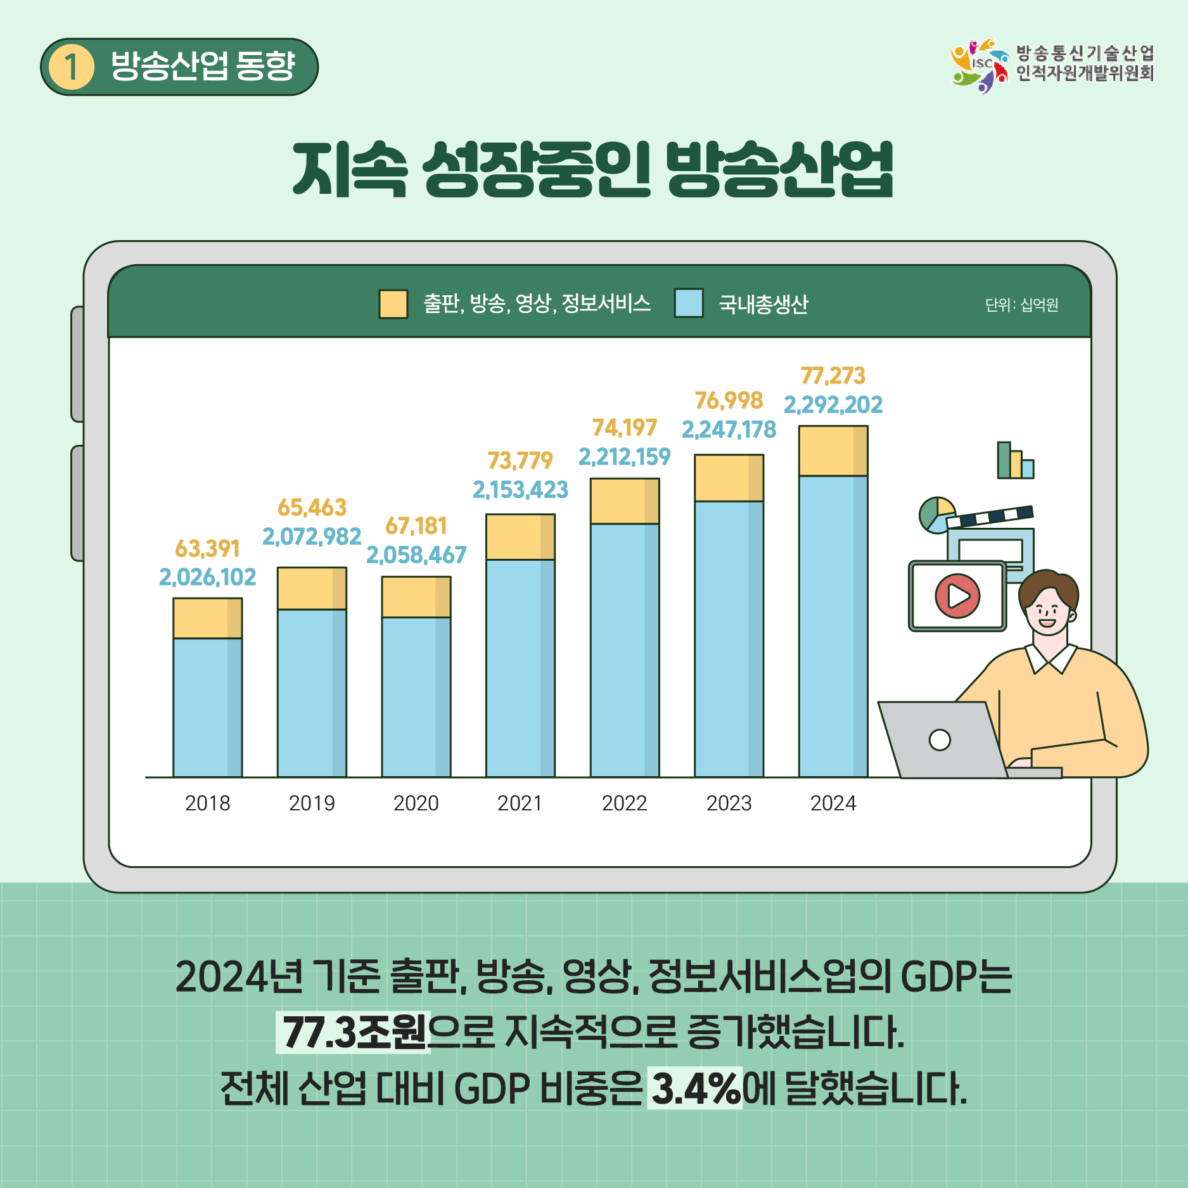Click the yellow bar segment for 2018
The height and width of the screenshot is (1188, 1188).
(x=207, y=618)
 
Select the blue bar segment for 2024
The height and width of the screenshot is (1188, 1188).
(x=833, y=626)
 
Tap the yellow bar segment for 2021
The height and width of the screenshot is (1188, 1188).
(x=520, y=537)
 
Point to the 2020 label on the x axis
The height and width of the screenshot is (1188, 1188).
(x=416, y=803)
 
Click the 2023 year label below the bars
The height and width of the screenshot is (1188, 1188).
(x=729, y=803)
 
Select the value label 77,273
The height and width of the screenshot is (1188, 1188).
(x=833, y=376)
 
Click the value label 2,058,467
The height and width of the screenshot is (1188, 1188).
(x=416, y=555)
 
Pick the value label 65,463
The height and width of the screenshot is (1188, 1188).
(x=312, y=508)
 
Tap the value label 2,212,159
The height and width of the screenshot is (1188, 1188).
(x=624, y=456)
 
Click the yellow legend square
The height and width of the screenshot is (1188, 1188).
(x=393, y=303)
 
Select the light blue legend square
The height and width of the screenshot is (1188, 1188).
(x=689, y=303)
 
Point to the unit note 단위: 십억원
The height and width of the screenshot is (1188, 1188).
(x=1021, y=305)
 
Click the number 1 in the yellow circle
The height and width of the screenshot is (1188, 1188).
(x=71, y=67)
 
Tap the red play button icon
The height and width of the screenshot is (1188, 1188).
(x=957, y=596)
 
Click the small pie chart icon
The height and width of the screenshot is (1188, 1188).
(x=936, y=514)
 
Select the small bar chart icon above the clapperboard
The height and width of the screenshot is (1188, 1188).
(x=1015, y=461)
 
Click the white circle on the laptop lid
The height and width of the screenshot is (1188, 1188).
(x=940, y=739)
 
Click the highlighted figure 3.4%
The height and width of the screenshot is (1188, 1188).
(x=695, y=1088)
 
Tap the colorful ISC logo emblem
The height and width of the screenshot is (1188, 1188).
(x=980, y=66)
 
